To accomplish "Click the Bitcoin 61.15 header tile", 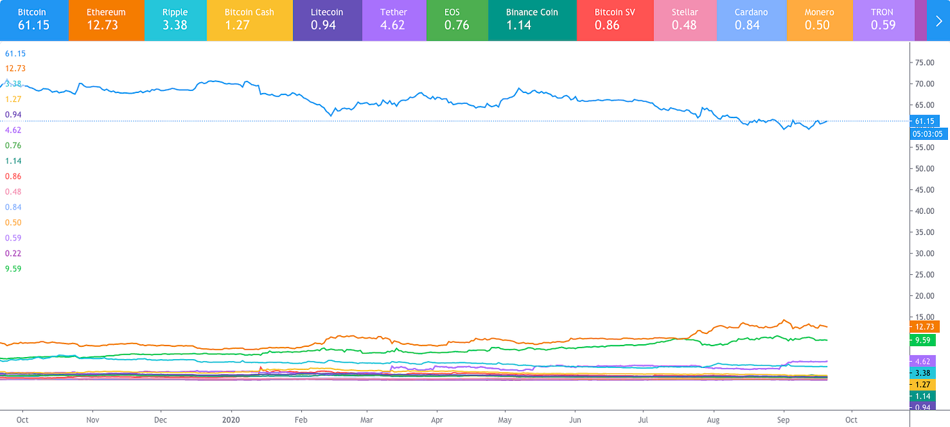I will tap(34, 20).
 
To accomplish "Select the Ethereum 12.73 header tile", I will tap(106, 20).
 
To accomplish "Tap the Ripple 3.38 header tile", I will tap(175, 20).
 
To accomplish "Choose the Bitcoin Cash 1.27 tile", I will tap(249, 20).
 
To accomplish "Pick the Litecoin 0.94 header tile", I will tap(326, 20).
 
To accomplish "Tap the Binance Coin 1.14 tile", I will tap(532, 20).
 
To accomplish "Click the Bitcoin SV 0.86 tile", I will tap(615, 20).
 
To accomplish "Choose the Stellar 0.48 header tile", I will tap(684, 20).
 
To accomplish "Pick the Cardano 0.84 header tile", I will tap(752, 20).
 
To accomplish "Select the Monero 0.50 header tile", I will tap(819, 20).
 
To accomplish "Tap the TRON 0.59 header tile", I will tap(883, 20).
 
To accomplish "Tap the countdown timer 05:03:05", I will tap(929, 134).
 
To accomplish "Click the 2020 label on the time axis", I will tap(231, 419).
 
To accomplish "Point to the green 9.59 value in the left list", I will tap(14, 268).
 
